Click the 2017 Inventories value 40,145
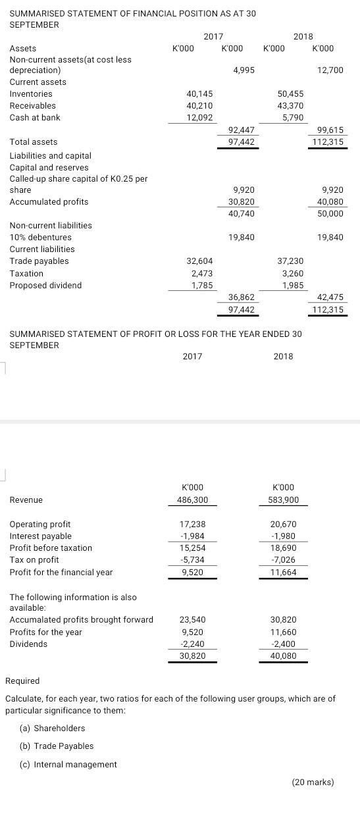pyautogui.click(x=199, y=94)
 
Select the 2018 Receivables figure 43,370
pyautogui.click(x=290, y=106)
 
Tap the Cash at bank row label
pyautogui.click(x=34, y=118)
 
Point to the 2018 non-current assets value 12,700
pyautogui.click(x=330, y=70)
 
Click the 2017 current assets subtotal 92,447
pyautogui.click(x=241, y=130)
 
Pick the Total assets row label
pyautogui.click(x=33, y=142)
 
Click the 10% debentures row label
pyautogui.click(x=40, y=238)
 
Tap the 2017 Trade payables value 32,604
pyautogui.click(x=199, y=261)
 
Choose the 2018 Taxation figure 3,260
pyautogui.click(x=292, y=273)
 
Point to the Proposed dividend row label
pyautogui.click(x=45, y=286)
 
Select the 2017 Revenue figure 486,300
pyautogui.click(x=192, y=500)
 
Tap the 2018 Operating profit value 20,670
pyautogui.click(x=284, y=525)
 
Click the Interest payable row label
pyautogui.click(x=40, y=536)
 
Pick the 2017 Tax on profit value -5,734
pyautogui.click(x=192, y=560)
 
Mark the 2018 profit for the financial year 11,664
pyautogui.click(x=284, y=573)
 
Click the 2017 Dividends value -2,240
pyautogui.click(x=192, y=644)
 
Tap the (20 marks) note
pyautogui.click(x=313, y=782)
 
